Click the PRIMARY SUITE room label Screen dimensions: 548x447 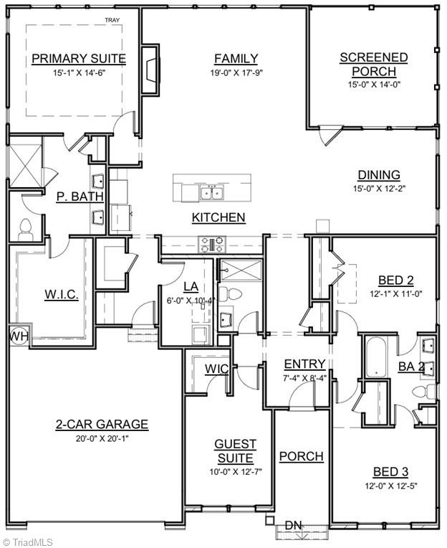coord(79,59)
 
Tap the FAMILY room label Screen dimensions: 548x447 coord(236,59)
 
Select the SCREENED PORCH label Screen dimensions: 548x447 coord(374,65)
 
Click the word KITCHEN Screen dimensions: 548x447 coord(218,217)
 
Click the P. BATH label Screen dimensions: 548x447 coord(80,196)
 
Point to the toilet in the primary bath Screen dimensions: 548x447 coord(26,228)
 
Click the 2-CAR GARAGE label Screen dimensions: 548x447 coord(102,424)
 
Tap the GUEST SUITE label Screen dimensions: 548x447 coord(235,451)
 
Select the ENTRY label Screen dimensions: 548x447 coord(304,364)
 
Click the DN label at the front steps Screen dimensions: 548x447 coord(293,526)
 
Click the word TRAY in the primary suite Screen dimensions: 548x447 coord(112,22)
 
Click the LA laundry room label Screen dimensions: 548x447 coord(190,287)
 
